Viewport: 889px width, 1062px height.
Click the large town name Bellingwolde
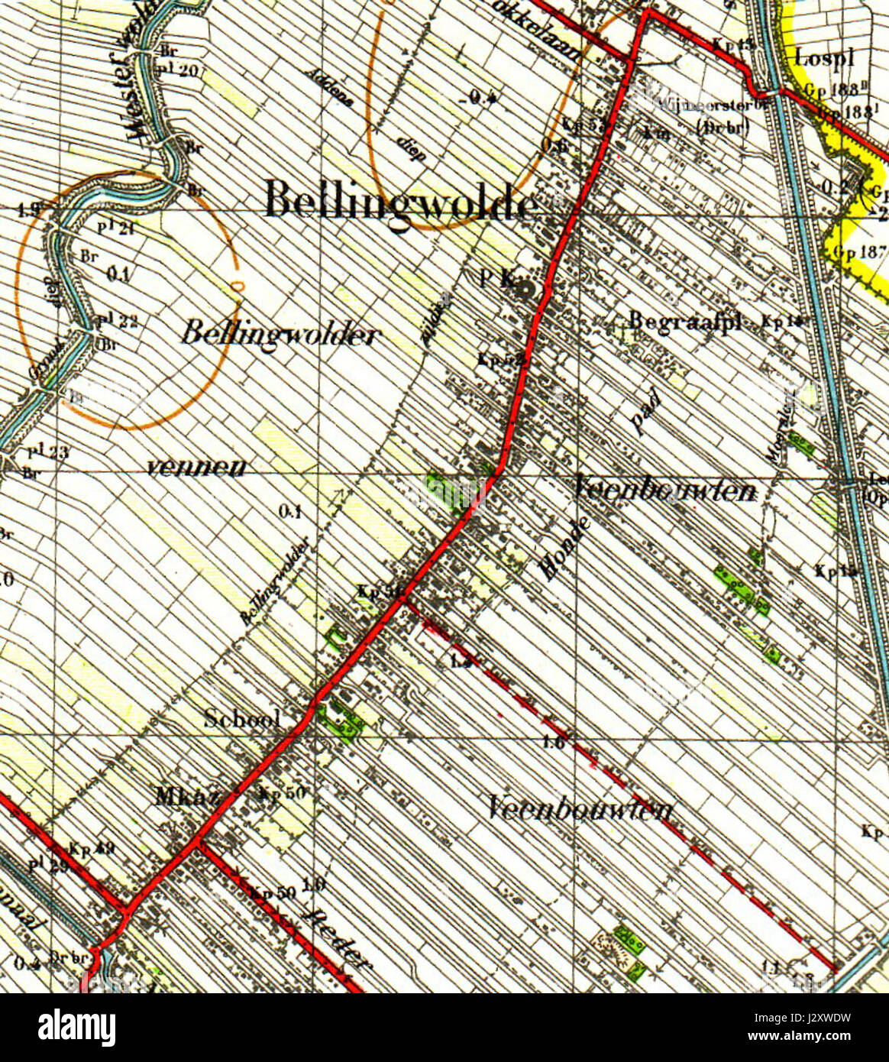point(399,203)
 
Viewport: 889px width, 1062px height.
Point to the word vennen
point(196,468)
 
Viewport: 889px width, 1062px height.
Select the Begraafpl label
point(684,322)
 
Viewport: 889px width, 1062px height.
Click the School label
point(242,718)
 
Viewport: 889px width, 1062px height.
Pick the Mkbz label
point(187,797)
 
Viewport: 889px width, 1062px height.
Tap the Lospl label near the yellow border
point(823,57)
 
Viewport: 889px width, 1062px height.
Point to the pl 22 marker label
point(117,321)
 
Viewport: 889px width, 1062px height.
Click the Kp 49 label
point(91,848)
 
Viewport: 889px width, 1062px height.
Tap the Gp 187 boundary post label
point(859,251)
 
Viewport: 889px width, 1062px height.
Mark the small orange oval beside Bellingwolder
point(238,286)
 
